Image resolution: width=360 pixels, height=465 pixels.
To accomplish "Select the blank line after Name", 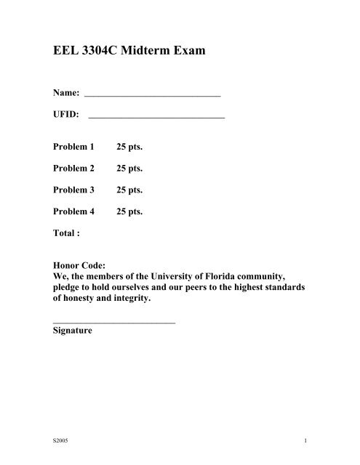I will [153, 95].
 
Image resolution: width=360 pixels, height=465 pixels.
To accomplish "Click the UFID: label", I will [67, 114].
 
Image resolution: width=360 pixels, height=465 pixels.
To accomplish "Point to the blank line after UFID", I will [156, 117].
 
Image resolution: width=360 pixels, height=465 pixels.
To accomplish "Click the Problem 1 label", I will [74, 147].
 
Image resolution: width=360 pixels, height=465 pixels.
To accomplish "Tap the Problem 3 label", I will [74, 190].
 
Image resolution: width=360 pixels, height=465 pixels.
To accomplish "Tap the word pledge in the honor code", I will [71, 288].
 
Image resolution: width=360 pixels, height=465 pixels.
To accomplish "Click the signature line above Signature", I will [114, 320].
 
